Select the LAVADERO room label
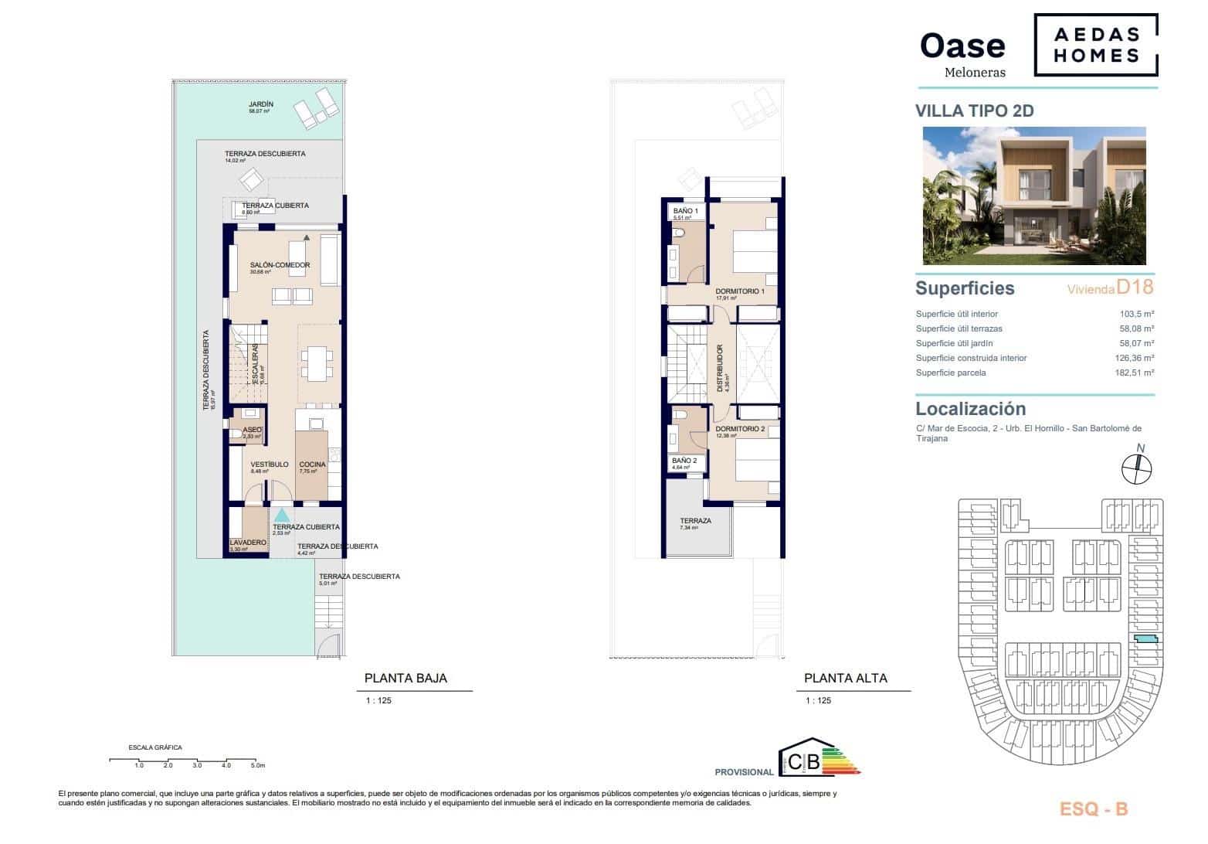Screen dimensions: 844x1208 tap(248, 543)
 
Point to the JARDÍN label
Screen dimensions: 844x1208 tap(261, 104)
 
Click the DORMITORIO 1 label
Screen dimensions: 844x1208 tap(739, 291)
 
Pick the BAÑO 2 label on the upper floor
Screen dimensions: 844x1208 tap(684, 461)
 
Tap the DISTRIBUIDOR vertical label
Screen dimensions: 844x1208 tap(720, 369)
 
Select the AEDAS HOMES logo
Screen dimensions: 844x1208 tap(1096, 44)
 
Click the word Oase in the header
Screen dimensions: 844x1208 tap(962, 46)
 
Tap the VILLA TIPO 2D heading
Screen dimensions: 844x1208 tap(974, 111)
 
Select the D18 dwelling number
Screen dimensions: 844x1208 tap(1135, 288)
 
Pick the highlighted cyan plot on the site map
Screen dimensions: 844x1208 tap(1146, 639)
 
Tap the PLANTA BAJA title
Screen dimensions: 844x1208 tap(405, 679)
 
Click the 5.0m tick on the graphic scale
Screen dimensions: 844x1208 tap(258, 765)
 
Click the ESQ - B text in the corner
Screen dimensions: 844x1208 tap(1094, 809)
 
